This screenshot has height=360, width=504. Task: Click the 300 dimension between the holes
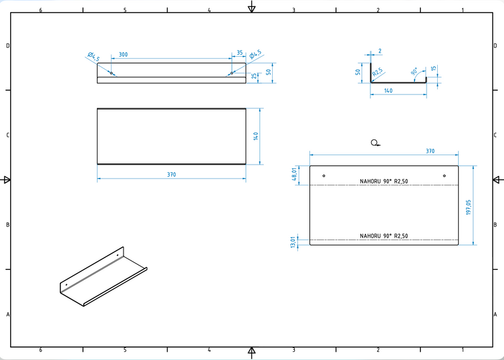pyautogui.click(x=123, y=55)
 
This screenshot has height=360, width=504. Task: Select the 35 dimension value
pyautogui.click(x=239, y=54)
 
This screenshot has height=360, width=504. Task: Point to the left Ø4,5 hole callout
pyautogui.click(x=94, y=58)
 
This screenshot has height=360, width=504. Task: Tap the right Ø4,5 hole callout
pyautogui.click(x=256, y=56)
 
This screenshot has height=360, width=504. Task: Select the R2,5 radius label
pyautogui.click(x=378, y=73)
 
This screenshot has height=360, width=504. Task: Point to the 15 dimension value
pyautogui.click(x=435, y=69)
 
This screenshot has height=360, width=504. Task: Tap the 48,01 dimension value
pyautogui.click(x=294, y=175)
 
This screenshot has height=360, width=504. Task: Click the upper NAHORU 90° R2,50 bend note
pyautogui.click(x=384, y=182)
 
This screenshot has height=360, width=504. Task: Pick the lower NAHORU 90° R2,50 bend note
pyautogui.click(x=384, y=236)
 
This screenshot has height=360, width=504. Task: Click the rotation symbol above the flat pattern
pyautogui.click(x=375, y=143)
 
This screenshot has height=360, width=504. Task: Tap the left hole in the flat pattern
pyautogui.click(x=324, y=176)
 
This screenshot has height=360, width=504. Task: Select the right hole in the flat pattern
pyautogui.click(x=444, y=176)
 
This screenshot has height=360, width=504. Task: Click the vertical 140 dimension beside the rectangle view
pyautogui.click(x=256, y=136)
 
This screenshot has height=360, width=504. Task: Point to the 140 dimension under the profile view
pyautogui.click(x=388, y=91)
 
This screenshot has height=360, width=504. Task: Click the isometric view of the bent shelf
pyautogui.click(x=103, y=277)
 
